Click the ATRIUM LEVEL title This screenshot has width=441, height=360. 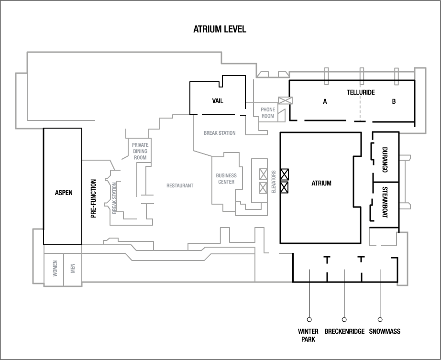[220, 29]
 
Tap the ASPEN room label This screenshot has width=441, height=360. [63, 193]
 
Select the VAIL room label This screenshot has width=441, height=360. [218, 101]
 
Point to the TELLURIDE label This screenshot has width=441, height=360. [360, 92]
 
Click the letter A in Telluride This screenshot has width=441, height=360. [325, 101]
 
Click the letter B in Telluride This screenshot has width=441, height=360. [394, 101]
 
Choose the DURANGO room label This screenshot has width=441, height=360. [385, 159]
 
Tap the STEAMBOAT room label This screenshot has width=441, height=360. [385, 202]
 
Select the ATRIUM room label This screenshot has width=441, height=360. [321, 183]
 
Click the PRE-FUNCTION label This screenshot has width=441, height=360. [93, 198]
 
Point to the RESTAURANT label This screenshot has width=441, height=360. [180, 185]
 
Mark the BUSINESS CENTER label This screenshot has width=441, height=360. [226, 178]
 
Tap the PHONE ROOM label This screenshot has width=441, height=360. [268, 113]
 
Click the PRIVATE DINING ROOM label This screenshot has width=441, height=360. [140, 151]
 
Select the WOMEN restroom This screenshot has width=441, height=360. [54, 269]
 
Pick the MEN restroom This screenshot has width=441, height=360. [73, 269]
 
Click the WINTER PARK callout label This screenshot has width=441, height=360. [308, 335]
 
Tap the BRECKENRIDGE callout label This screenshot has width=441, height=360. [344, 331]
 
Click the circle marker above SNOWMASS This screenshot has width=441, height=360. [380, 319]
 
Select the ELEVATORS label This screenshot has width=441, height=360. [274, 182]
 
